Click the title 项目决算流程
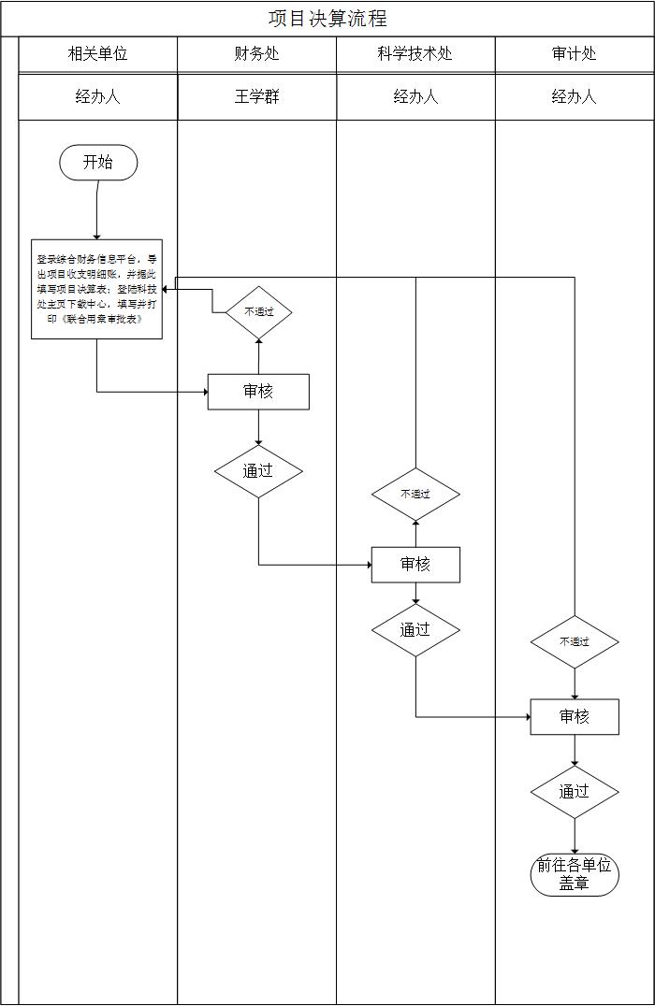point(327,19)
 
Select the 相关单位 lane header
point(98,54)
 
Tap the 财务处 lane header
point(257,54)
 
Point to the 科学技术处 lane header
point(415,54)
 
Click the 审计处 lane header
point(575,54)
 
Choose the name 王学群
point(257,96)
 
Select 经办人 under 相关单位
point(98,96)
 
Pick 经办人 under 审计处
point(575,96)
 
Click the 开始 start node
point(98,163)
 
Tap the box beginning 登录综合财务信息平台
point(96,289)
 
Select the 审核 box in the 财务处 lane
point(258,392)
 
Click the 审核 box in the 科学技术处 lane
point(415,565)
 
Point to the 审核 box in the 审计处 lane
point(575,717)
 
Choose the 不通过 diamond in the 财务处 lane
point(259,311)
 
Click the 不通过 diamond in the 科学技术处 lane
point(415,494)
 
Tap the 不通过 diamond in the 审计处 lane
point(575,641)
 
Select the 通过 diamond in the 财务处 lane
point(258,471)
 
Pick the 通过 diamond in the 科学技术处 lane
point(415,630)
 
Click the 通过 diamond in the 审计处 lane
point(575,792)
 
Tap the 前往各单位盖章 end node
point(575,874)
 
